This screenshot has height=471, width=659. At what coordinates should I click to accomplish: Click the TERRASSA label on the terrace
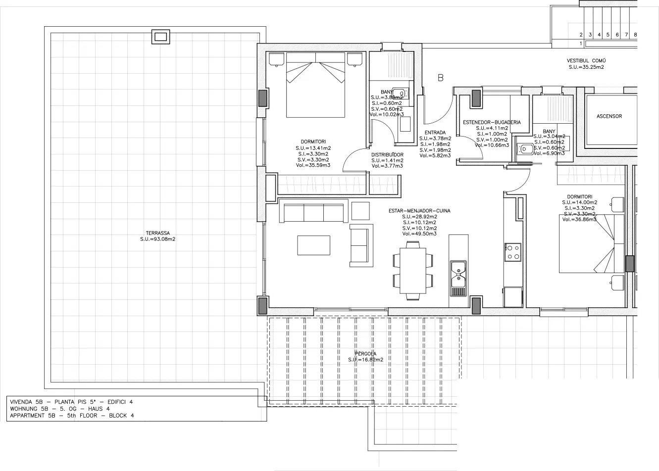click(x=158, y=233)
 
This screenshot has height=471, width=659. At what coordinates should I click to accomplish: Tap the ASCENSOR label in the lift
click(x=609, y=116)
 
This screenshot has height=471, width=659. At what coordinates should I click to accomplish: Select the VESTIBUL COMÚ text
click(x=586, y=61)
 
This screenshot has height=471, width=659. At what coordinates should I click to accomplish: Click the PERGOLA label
click(x=365, y=353)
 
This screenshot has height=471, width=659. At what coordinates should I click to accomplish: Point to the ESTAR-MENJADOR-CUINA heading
click(x=419, y=211)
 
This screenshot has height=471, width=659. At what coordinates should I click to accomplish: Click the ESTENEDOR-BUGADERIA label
click(x=492, y=122)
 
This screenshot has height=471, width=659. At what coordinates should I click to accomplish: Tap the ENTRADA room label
click(x=435, y=133)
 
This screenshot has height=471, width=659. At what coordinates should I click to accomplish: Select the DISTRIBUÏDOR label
click(x=387, y=154)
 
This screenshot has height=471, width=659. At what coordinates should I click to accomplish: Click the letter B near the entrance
click(x=440, y=78)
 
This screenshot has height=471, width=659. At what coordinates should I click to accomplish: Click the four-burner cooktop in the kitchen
click(x=512, y=252)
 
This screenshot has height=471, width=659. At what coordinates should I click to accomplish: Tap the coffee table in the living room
click(x=313, y=245)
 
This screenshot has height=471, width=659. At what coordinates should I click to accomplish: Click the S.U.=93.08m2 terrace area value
click(x=158, y=239)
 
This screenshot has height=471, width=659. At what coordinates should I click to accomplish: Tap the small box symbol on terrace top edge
click(x=160, y=37)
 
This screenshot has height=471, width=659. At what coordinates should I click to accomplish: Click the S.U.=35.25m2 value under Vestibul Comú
click(x=586, y=67)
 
